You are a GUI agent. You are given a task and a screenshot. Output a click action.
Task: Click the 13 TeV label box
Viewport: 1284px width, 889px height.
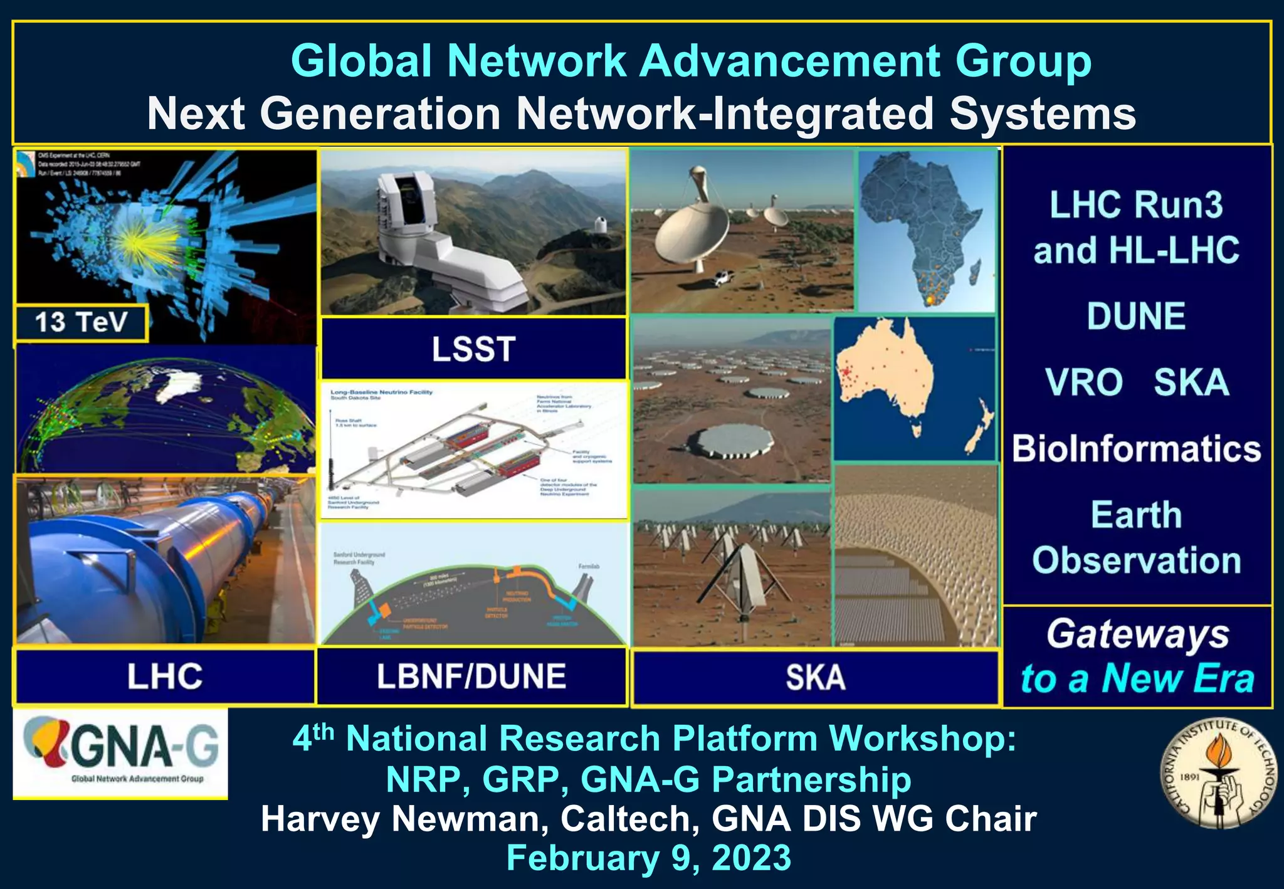81,323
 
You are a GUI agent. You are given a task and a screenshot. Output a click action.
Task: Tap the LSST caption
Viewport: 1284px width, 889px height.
473,349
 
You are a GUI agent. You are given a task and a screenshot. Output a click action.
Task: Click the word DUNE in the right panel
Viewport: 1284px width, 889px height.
1136,316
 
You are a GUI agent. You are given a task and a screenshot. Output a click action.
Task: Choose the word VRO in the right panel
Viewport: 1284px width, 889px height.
1083,382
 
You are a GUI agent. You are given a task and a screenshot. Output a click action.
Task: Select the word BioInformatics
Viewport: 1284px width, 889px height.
1136,449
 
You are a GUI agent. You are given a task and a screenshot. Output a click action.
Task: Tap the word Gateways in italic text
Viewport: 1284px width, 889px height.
1137,634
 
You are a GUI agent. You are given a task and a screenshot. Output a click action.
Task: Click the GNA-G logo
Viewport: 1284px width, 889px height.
120,752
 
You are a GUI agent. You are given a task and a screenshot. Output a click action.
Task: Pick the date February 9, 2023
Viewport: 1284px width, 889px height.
648,858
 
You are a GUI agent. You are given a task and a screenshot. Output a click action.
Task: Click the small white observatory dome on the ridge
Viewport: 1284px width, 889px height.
599,224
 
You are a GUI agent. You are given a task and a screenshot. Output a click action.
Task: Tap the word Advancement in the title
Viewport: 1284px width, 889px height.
791,61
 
